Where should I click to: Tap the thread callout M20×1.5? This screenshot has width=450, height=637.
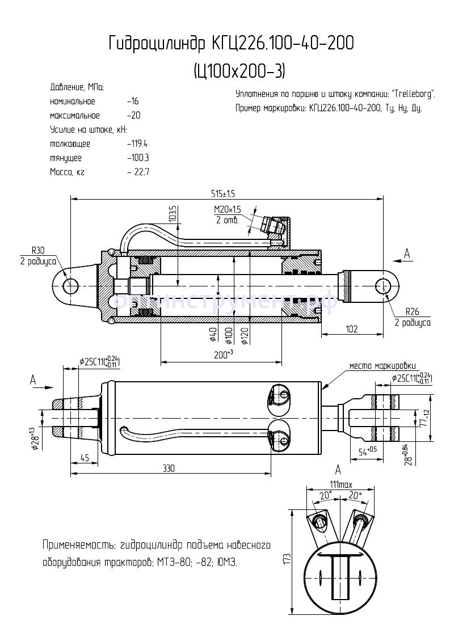point(227,209)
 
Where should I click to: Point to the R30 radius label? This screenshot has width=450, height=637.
point(38,250)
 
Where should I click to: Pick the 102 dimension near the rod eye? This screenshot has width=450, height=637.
point(351,328)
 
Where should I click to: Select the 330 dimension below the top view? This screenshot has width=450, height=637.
point(169,469)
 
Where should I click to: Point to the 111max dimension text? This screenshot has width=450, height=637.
point(340,485)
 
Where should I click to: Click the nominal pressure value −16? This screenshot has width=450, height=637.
point(133,102)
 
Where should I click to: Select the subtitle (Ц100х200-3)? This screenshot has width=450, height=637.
point(239,71)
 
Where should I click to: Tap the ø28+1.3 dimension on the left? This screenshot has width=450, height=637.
point(35,438)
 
